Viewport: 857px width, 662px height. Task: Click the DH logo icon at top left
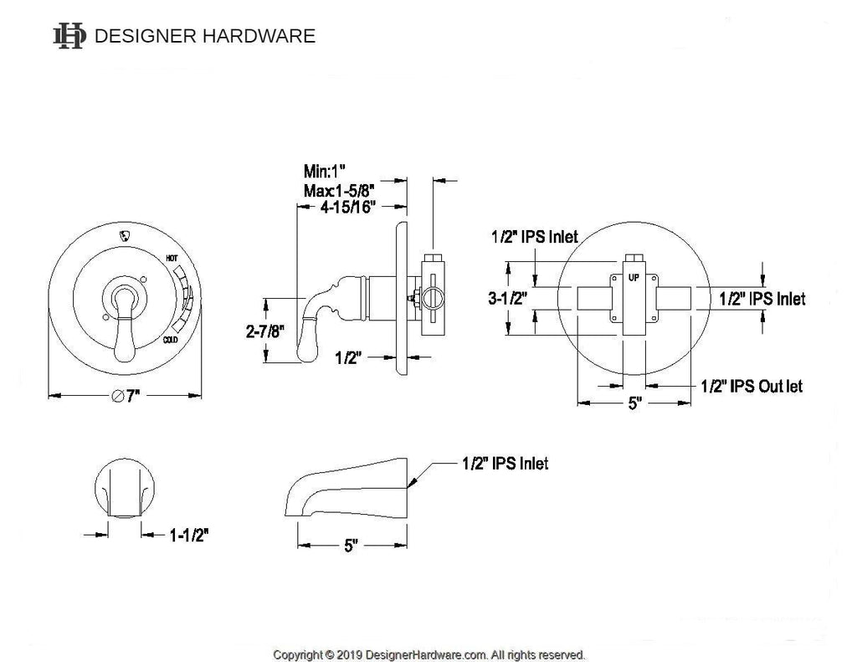tap(69, 36)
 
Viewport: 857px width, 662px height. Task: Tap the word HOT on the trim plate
tap(172, 259)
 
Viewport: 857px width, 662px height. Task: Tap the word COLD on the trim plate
tap(171, 340)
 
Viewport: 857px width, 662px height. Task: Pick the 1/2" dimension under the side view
tap(347, 358)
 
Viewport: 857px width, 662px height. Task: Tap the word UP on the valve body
tap(634, 276)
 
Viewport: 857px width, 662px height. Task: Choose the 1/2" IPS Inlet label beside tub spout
tap(505, 463)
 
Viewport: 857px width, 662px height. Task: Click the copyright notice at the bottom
tap(429, 654)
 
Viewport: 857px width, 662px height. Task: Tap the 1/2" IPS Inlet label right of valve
tap(762, 299)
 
